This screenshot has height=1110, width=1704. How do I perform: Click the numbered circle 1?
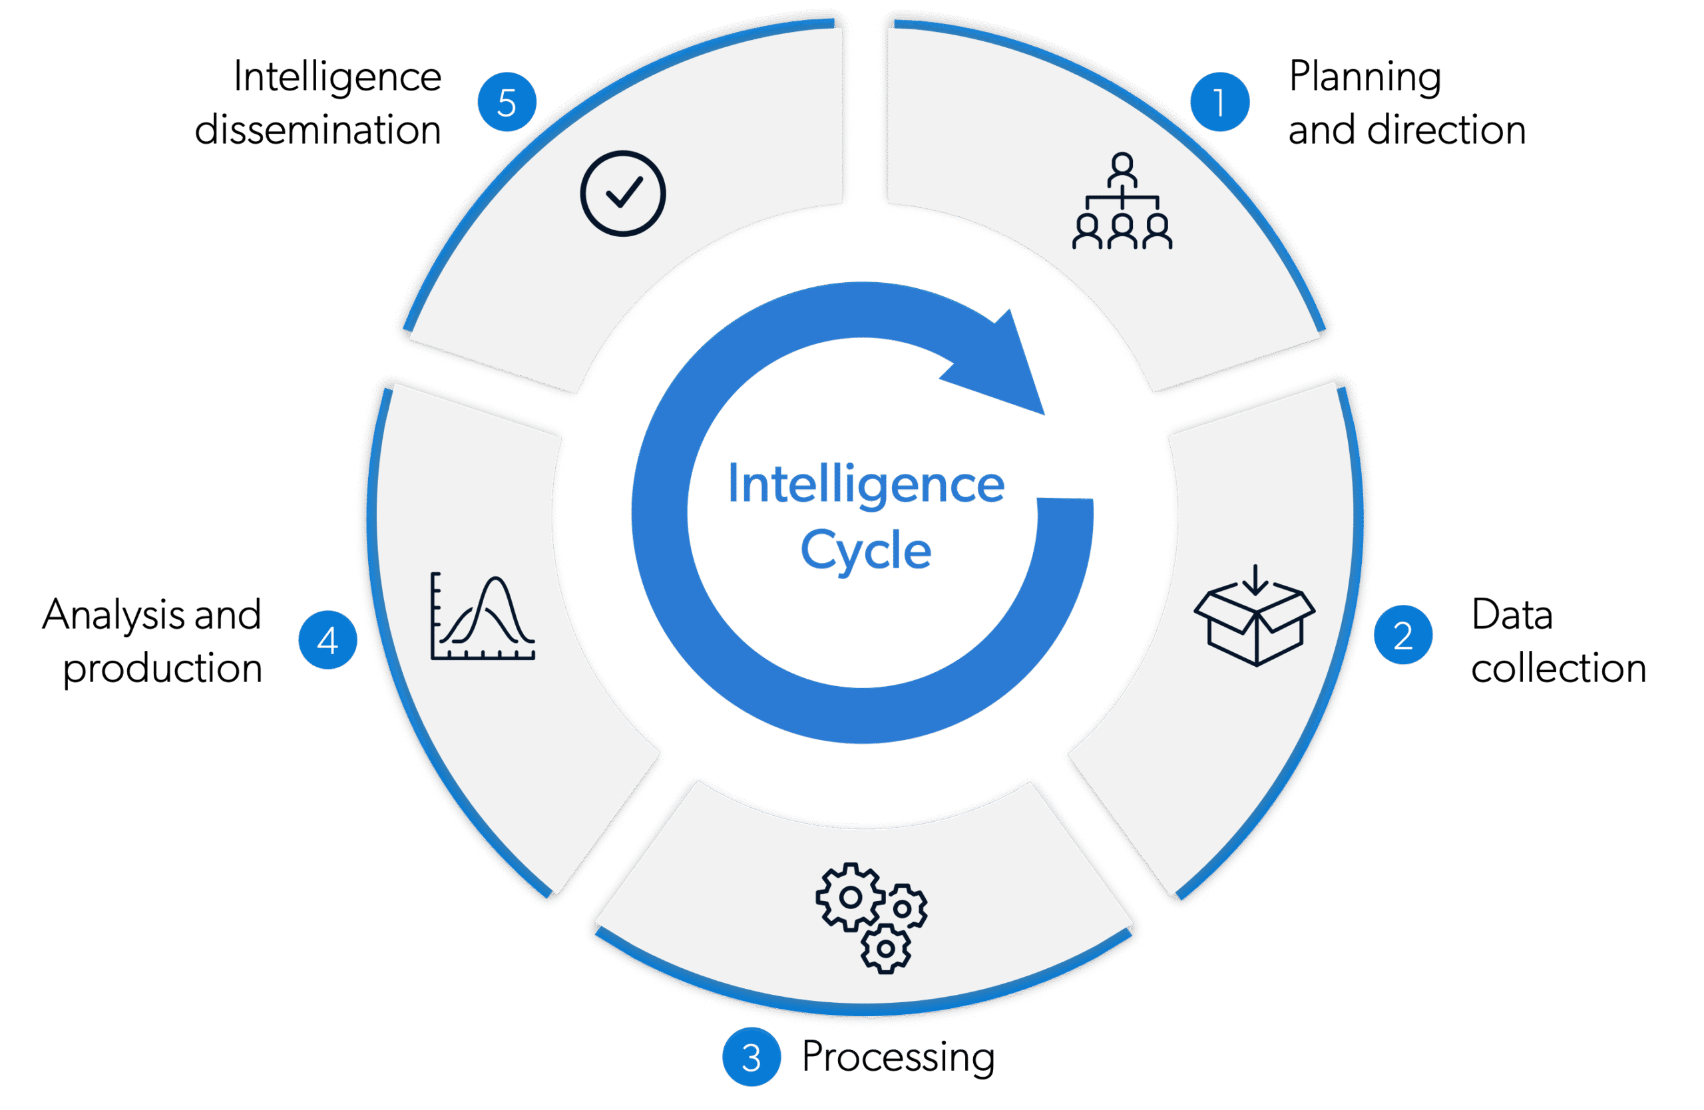point(1219,102)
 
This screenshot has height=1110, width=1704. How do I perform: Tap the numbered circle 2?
point(1403,635)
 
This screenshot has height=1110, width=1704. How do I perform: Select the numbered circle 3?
point(751,1057)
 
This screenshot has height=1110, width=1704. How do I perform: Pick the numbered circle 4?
point(327,640)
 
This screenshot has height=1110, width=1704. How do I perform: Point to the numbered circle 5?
point(507,102)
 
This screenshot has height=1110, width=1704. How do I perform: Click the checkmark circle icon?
point(623,193)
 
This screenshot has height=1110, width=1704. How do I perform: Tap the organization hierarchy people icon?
point(1122,201)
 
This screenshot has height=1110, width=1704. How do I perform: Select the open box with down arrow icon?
point(1255,616)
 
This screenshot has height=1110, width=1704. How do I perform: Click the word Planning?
point(1365,77)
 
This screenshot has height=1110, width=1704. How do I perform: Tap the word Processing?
point(898,1057)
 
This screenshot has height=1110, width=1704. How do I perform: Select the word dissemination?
point(318,130)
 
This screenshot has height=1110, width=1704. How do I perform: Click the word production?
point(162,668)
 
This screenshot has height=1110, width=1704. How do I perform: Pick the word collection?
point(1559,668)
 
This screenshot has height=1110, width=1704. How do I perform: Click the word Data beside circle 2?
point(1512,614)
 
